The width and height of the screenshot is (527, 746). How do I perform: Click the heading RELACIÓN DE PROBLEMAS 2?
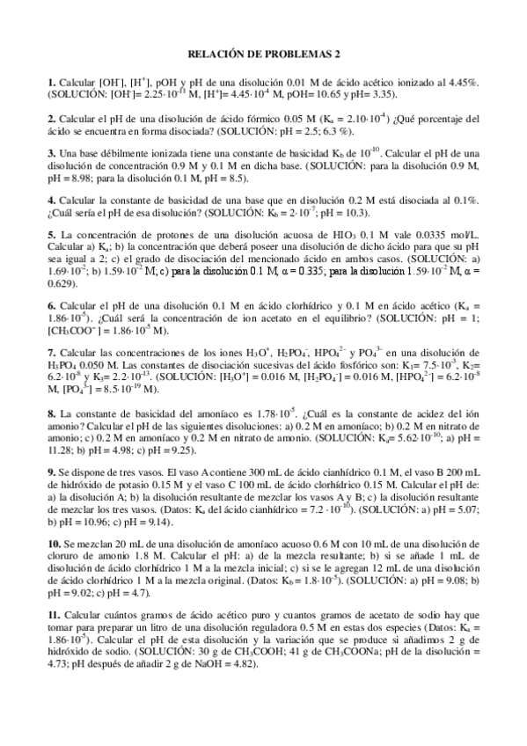pos(262,54)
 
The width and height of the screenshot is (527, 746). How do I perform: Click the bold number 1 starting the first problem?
pos(51,82)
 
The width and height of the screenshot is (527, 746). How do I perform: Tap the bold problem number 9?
pos(51,471)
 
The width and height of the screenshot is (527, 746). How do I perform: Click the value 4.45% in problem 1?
pos(461,82)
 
